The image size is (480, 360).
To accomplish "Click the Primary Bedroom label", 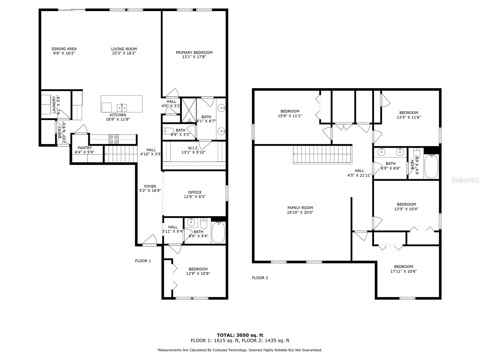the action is [x=194, y=52].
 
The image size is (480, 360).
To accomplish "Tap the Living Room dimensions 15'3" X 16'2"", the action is [x=124, y=53].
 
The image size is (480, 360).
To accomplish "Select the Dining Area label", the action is [x=64, y=49].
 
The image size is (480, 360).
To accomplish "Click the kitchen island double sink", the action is [x=122, y=107].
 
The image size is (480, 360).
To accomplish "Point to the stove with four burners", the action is [x=114, y=139].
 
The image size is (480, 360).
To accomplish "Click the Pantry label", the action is [x=85, y=148].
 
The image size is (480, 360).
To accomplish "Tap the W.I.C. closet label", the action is [x=193, y=148].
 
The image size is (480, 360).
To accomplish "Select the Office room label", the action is [x=195, y=192].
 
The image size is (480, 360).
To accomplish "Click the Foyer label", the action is [x=150, y=186].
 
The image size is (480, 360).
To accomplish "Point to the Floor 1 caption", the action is [x=143, y=261].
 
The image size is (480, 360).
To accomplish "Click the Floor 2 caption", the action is [x=260, y=278].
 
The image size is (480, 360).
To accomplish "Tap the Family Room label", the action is [x=300, y=208].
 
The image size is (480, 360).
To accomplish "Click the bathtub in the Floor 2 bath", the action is [x=431, y=166].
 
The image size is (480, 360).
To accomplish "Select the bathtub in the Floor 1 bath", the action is [x=218, y=232].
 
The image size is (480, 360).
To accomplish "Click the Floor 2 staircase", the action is [x=322, y=154].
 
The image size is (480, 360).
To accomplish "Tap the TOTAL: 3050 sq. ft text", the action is [x=240, y=335].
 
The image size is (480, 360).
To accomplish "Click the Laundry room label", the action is [x=54, y=105].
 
